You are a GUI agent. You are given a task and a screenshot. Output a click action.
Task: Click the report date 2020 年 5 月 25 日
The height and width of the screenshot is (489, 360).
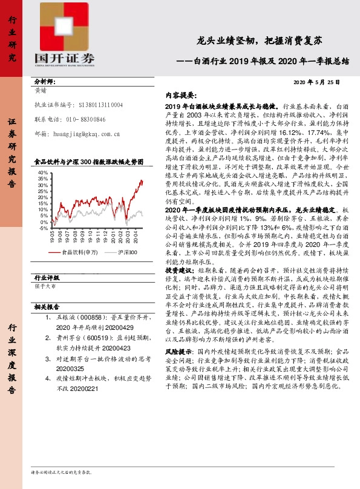(317, 82)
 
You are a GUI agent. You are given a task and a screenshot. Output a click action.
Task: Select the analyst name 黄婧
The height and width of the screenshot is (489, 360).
(42, 91)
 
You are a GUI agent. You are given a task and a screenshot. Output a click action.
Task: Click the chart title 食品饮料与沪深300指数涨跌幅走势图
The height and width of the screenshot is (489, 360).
(89, 162)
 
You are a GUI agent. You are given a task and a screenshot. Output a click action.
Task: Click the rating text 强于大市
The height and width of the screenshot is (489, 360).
(45, 286)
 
